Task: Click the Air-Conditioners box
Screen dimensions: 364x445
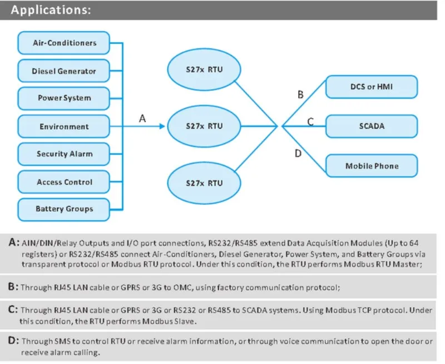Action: pos(64,43)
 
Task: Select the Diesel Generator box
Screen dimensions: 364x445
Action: pos(64,71)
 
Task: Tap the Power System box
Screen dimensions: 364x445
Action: pos(64,98)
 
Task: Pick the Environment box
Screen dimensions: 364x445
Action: pos(64,126)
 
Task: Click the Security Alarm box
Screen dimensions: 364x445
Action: pos(64,154)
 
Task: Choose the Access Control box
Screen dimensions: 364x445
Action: pos(64,181)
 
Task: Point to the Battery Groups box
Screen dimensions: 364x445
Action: pos(64,209)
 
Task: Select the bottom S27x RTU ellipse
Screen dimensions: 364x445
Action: pos(204,183)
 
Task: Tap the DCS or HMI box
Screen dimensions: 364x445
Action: pos(371,87)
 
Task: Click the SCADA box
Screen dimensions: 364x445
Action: pos(371,126)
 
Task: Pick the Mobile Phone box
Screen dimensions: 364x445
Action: pos(371,166)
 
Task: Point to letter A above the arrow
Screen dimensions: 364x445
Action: pos(142,118)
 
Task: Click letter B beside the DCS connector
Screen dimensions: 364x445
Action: pos(300,95)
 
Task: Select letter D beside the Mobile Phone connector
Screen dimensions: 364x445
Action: pos(298,153)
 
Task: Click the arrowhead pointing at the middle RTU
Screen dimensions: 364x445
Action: pos(162,126)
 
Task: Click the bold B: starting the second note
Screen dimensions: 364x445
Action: pos(14,287)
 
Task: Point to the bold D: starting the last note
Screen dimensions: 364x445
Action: pos(14,341)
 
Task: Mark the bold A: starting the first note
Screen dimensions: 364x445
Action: pos(14,243)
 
